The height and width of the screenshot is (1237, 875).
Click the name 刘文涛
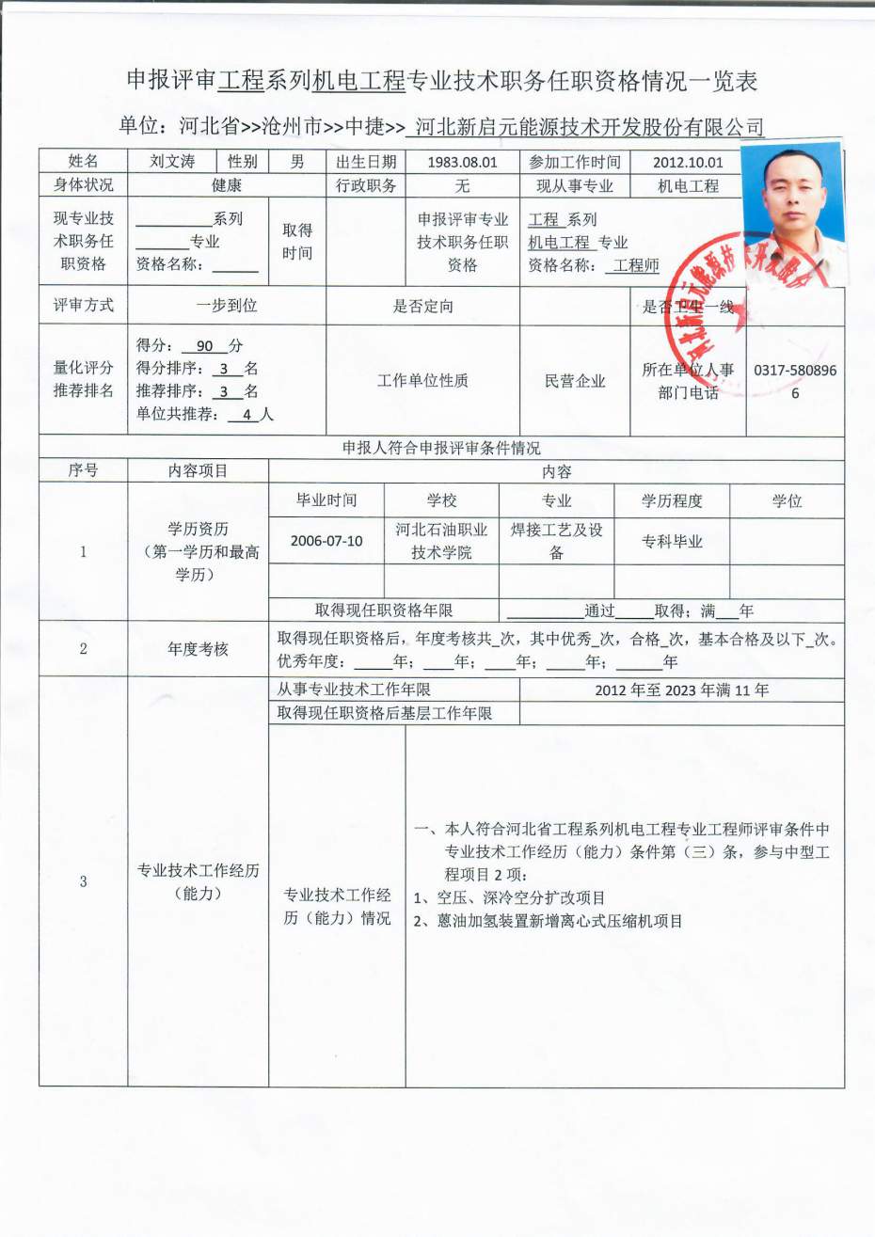(x=172, y=162)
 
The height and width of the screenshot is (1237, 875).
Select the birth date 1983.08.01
(x=462, y=162)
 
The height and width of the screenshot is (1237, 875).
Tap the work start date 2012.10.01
(x=688, y=162)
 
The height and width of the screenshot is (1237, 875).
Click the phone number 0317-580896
(x=794, y=371)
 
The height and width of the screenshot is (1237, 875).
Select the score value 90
(x=204, y=346)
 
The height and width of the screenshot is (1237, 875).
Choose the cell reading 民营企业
(x=575, y=381)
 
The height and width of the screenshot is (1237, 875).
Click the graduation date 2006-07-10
(x=326, y=541)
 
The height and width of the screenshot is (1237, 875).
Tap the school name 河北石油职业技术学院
(x=441, y=541)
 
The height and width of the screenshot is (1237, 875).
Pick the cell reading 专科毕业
(x=672, y=541)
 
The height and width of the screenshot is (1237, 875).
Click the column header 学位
(x=787, y=500)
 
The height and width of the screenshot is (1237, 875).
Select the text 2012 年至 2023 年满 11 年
(x=681, y=690)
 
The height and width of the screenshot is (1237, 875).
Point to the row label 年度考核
(x=198, y=649)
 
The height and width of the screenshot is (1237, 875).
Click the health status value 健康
(x=226, y=186)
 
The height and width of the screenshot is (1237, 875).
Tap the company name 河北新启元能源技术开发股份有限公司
(x=589, y=127)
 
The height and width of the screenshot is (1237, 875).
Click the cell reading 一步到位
(x=226, y=306)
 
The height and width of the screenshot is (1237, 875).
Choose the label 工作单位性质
(x=422, y=381)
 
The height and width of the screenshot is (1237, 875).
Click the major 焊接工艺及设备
(x=556, y=541)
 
